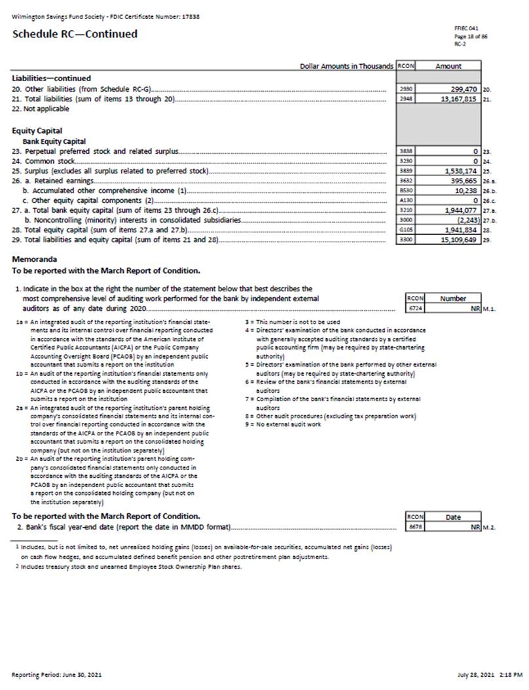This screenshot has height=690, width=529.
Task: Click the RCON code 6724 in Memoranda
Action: [x=413, y=307]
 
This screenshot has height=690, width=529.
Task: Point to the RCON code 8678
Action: [x=413, y=526]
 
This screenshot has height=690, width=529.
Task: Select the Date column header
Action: [x=453, y=517]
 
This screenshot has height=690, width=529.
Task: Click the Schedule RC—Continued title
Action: [x=75, y=34]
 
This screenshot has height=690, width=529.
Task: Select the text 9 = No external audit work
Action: [x=283, y=424]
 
